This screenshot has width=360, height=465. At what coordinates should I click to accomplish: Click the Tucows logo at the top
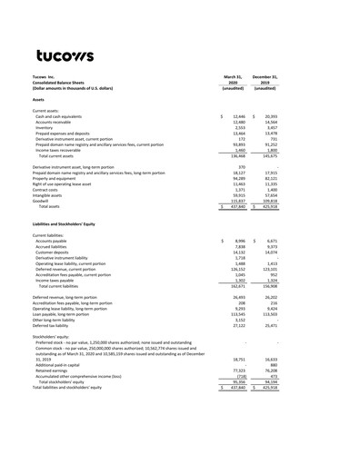point(65,56)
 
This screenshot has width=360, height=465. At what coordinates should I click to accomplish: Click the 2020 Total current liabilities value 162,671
point(239,285)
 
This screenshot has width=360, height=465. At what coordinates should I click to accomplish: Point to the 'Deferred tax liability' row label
point(55,325)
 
